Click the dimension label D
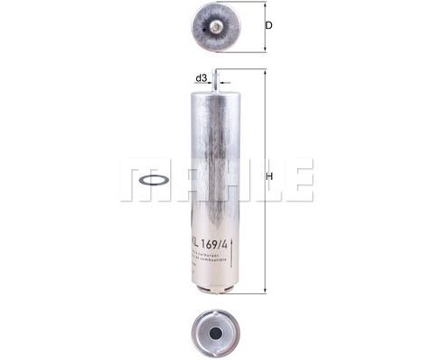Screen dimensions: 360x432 pyautogui.click(x=268, y=26)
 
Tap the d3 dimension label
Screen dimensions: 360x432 pyautogui.click(x=202, y=79)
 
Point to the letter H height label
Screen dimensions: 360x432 pyautogui.click(x=269, y=176)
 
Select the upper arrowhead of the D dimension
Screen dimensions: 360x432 pyautogui.click(x=263, y=4)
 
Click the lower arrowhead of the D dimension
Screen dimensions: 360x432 pyautogui.click(x=263, y=49)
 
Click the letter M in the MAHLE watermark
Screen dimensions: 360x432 pyautogui.click(x=140, y=180)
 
